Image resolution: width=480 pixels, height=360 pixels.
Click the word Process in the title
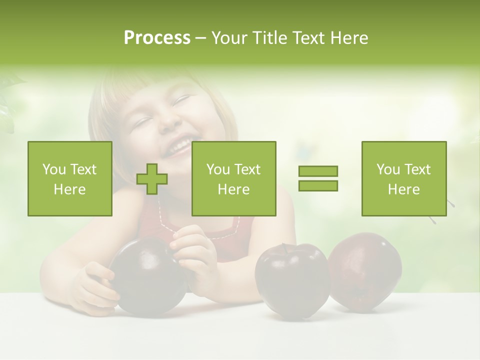click(157, 38)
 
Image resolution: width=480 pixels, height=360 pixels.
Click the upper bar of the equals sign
click(318, 171)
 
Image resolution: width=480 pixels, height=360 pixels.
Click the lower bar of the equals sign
click(318, 185)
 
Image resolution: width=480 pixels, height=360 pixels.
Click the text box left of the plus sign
click(69, 179)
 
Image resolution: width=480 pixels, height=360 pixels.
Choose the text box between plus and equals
click(233, 179)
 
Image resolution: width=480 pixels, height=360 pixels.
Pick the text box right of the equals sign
click(403, 179)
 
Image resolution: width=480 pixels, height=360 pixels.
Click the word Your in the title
click(228, 38)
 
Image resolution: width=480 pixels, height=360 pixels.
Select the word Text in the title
click(307, 38)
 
